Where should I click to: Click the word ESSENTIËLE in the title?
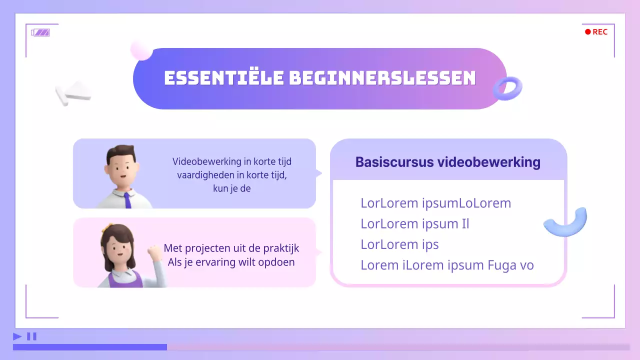[x=223, y=78]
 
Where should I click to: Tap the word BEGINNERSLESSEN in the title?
[x=382, y=78]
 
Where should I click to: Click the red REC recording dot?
[x=588, y=32]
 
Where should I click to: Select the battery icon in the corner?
[x=40, y=32]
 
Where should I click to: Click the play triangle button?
[x=17, y=336]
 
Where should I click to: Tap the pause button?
[x=31, y=336]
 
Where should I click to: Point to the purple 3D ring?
[x=507, y=89]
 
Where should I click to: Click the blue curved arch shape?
[x=566, y=222]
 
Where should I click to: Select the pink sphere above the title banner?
[x=141, y=50]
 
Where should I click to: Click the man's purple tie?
[x=127, y=200]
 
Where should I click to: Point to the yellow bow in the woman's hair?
[x=105, y=228]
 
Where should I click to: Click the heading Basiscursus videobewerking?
[x=447, y=162]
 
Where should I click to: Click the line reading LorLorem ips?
[x=399, y=244]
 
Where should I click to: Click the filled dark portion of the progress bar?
[x=90, y=347]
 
